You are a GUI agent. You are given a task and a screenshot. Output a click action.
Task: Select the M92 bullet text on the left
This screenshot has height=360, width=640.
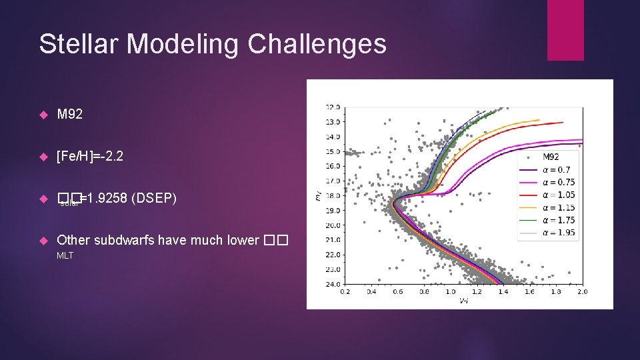70,115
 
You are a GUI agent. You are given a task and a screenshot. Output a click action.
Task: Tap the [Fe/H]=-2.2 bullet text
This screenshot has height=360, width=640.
90,156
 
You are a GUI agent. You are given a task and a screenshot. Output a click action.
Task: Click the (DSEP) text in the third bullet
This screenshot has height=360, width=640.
154,198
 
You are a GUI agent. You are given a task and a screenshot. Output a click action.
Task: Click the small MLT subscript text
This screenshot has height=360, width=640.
65,255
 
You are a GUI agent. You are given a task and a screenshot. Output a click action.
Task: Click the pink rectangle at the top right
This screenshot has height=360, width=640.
565,30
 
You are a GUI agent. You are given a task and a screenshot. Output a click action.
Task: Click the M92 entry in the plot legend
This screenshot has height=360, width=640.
551,157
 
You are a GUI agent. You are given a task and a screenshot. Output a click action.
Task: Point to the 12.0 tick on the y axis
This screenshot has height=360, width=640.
332,107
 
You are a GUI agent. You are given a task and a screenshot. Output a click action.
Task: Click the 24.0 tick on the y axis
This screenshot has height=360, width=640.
332,284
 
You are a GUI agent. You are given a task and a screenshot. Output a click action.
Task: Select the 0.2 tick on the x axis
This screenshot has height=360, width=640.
345,291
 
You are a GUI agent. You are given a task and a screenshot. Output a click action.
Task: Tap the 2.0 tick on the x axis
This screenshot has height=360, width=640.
582,291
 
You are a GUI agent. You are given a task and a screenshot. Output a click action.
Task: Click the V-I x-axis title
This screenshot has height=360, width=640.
463,301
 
